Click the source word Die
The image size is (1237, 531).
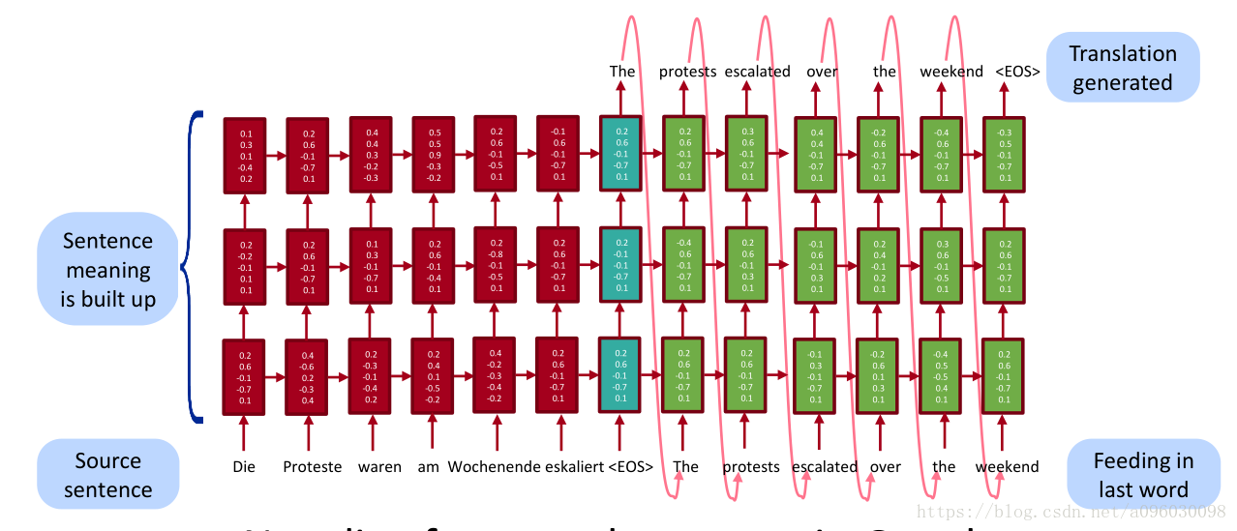pyautogui.click(x=244, y=466)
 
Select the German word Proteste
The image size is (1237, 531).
pyautogui.click(x=313, y=466)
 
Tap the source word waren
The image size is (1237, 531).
pyautogui.click(x=379, y=466)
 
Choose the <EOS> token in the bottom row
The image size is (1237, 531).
pyautogui.click(x=630, y=466)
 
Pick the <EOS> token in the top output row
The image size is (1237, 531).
pyautogui.click(x=1017, y=71)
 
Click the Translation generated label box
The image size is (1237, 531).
pyautogui.click(x=1123, y=68)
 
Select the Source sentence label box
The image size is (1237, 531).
pyautogui.click(x=107, y=475)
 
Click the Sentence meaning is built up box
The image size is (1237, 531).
pyautogui.click(x=107, y=270)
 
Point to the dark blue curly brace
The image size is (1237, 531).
pyautogui.click(x=196, y=266)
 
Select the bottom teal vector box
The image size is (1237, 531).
pyautogui.click(x=621, y=372)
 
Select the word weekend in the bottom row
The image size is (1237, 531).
pyautogui.click(x=1007, y=466)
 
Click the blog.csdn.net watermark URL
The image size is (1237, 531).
pyautogui.click(x=1071, y=510)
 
